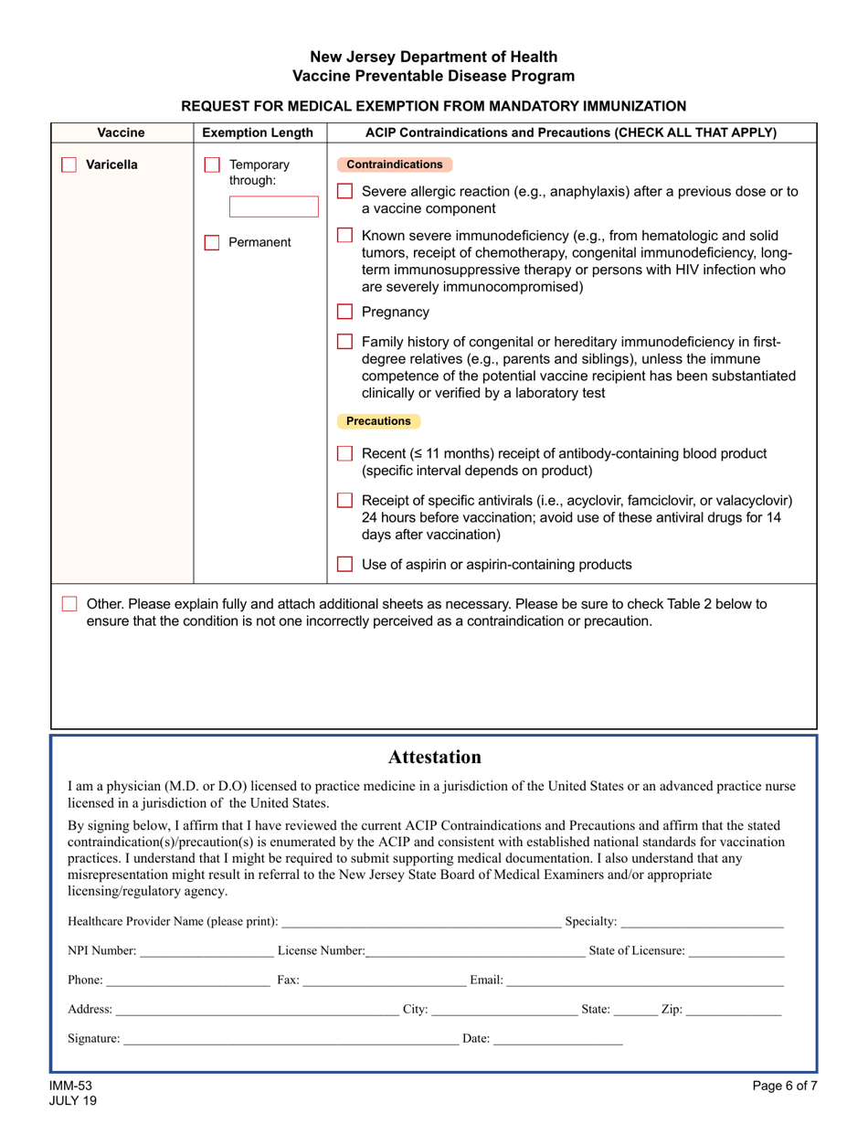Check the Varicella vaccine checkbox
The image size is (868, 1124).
point(69,165)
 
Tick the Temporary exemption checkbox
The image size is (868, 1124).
point(211,165)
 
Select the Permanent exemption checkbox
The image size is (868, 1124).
point(211,243)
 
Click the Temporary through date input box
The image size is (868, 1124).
point(260,207)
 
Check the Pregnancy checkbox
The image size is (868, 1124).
point(344,312)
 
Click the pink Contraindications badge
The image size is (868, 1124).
point(395,164)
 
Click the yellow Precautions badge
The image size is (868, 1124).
point(378,421)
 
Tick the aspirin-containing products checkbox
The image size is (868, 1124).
point(344,565)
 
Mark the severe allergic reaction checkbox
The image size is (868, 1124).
point(344,192)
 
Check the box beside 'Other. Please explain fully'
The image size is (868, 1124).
point(69,604)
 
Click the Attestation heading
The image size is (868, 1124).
point(434,757)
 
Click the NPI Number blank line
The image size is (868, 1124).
point(206,951)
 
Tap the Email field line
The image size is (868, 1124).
point(644,981)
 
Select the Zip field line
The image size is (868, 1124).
point(733,1010)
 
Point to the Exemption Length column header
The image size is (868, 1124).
point(259,133)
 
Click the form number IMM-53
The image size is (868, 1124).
point(71,1086)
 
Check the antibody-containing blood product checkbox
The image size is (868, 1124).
point(344,453)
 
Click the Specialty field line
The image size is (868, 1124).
point(702,922)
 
